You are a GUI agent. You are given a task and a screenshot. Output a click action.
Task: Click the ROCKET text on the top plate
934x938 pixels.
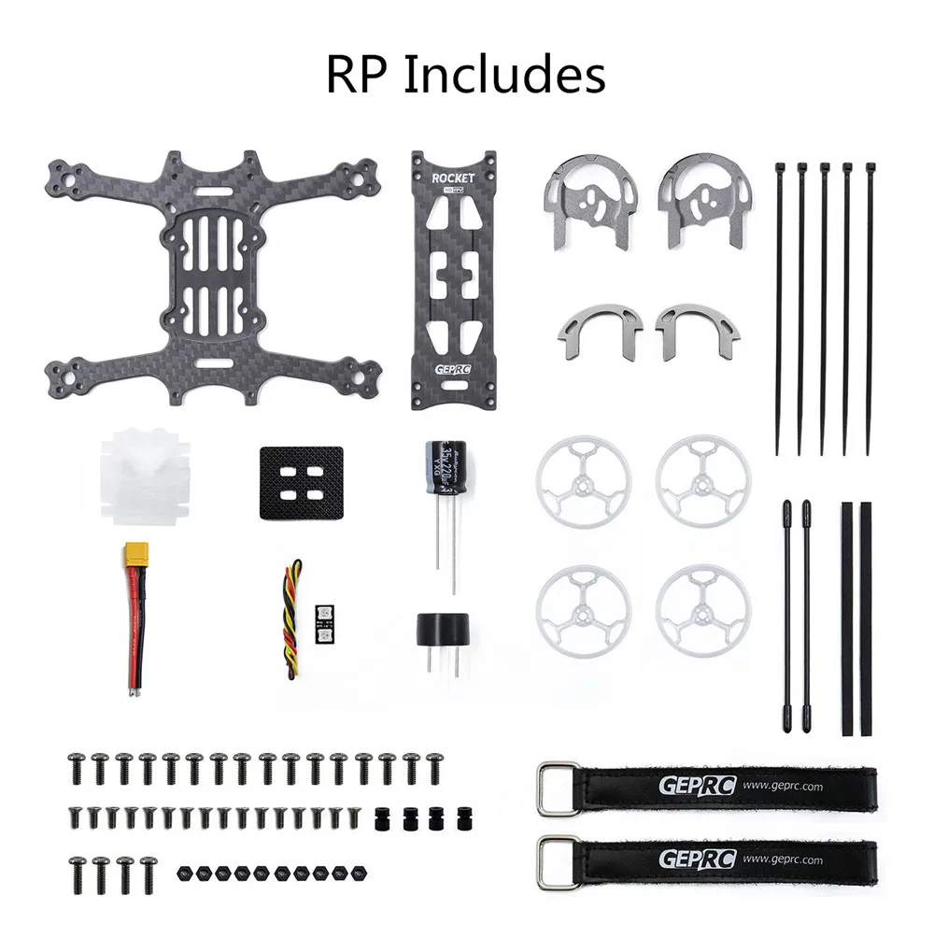click(453, 178)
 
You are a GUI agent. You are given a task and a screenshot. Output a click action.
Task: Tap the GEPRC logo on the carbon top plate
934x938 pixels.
click(453, 370)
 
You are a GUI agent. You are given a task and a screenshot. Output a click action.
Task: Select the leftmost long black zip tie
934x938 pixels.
click(778, 308)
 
